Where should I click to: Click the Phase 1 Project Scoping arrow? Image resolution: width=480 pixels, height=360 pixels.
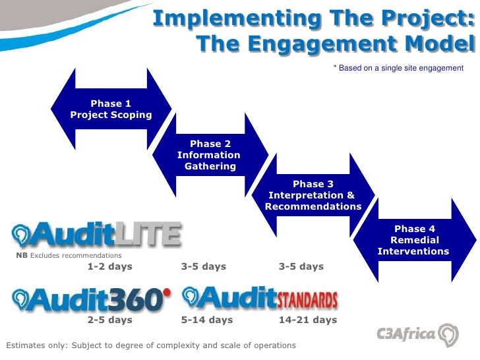[x=111, y=109]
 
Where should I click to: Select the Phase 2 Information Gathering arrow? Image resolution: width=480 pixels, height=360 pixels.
[x=210, y=155]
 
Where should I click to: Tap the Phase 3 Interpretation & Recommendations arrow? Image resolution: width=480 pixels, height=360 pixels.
[x=313, y=195]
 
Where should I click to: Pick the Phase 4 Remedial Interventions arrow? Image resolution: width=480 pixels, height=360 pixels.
[x=413, y=240]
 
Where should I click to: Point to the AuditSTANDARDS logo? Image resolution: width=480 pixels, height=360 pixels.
[x=260, y=298]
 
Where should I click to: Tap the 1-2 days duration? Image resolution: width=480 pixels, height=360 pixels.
[x=109, y=266]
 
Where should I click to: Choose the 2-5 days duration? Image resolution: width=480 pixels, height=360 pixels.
[x=109, y=320]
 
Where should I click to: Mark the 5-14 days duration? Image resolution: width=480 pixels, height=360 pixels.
[x=207, y=320]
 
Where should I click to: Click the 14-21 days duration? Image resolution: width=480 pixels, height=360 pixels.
[x=308, y=320]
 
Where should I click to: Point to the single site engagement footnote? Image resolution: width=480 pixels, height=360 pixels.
[x=398, y=68]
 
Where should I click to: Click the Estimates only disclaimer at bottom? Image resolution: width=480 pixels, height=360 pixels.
[x=151, y=345]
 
